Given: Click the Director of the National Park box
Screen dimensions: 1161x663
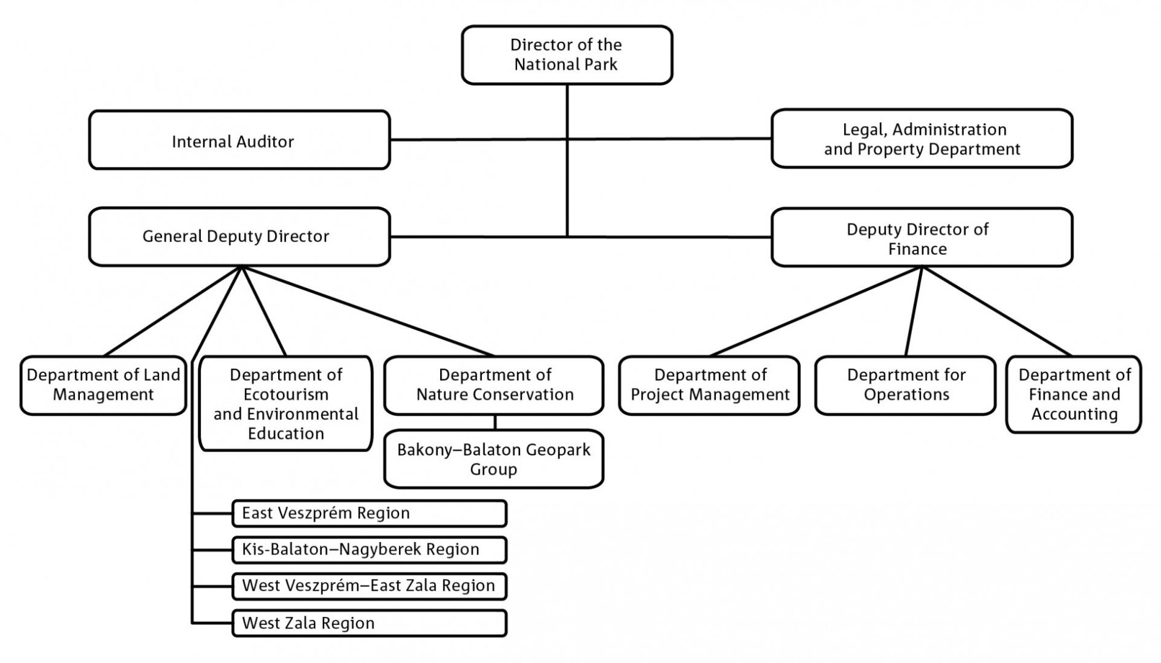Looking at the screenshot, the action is click(x=567, y=55).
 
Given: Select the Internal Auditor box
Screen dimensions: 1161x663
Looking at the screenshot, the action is click(x=239, y=140).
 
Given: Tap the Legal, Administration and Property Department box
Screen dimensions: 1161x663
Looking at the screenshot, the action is click(x=922, y=139).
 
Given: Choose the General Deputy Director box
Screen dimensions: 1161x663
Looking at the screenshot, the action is click(x=239, y=236).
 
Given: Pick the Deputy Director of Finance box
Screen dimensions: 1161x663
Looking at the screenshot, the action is click(x=922, y=238).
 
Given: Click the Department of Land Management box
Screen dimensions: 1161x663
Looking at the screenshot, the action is click(x=103, y=386).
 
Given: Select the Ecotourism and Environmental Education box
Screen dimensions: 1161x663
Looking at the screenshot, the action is click(x=286, y=403).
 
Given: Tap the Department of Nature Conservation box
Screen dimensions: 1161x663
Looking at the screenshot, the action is click(x=494, y=386).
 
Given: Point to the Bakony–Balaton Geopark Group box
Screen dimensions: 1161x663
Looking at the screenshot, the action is click(x=494, y=459).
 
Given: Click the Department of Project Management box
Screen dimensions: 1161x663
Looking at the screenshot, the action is click(x=710, y=386).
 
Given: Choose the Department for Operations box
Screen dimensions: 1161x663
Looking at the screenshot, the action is click(x=906, y=386).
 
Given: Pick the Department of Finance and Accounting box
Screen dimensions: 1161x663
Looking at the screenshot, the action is click(x=1074, y=395).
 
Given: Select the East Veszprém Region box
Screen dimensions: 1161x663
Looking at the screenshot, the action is click(x=370, y=513).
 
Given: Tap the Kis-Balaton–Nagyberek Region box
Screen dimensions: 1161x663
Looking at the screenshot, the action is click(x=370, y=549).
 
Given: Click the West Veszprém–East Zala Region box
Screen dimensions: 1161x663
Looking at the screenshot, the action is click(x=370, y=586).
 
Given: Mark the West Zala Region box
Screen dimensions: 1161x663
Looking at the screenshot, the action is click(x=370, y=623).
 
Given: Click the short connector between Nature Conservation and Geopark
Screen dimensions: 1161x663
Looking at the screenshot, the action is click(x=495, y=422).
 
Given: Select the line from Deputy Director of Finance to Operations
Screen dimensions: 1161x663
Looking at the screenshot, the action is click(x=914, y=311).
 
